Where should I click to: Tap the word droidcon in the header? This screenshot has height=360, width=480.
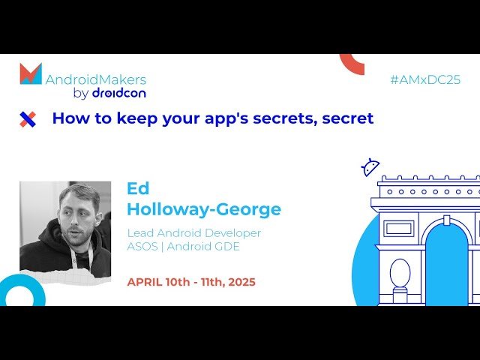119,93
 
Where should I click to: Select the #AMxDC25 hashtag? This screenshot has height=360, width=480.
425,79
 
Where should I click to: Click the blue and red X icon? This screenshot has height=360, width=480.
28,118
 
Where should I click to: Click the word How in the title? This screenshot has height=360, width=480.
68,118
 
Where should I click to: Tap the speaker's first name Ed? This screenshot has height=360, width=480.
138,188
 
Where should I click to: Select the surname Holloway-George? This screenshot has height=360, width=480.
204,209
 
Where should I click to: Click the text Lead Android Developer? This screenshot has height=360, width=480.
194,232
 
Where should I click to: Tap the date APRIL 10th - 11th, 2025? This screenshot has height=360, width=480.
191,282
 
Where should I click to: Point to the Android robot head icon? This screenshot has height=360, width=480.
370,167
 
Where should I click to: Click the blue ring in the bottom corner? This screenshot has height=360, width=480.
21,292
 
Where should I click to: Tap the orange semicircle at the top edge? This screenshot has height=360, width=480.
352,63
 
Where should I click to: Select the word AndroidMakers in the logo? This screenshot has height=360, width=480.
96,79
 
